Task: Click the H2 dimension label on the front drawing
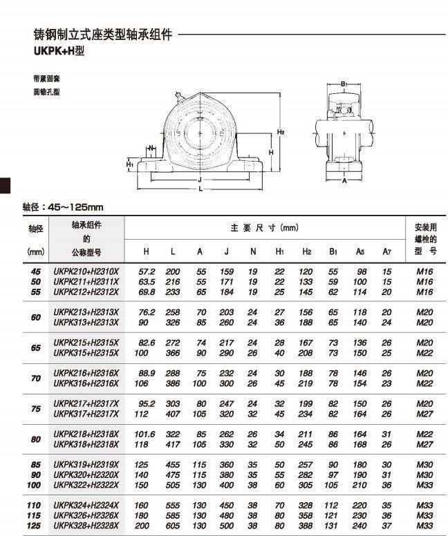281,132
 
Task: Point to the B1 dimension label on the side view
344,84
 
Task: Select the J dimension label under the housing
200,179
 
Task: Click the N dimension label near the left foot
151,148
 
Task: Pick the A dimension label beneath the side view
344,181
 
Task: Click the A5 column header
360,251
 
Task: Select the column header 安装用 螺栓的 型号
425,239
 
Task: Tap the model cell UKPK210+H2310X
86,272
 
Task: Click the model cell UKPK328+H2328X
86,526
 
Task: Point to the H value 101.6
146,434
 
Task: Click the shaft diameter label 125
34,526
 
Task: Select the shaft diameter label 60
35,317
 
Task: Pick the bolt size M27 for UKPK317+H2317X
424,414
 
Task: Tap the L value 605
173,526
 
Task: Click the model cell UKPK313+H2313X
86,322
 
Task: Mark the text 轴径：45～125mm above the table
63,207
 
